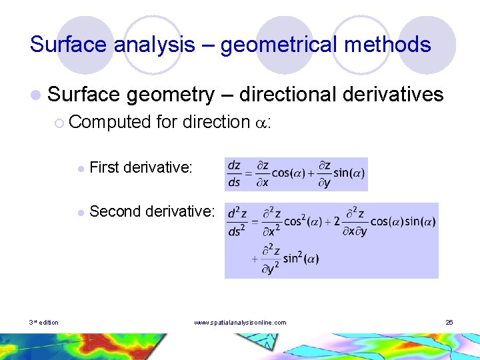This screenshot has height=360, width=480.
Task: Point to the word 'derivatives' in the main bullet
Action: pos(393,95)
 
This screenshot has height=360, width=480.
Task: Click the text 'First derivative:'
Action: pos(141,167)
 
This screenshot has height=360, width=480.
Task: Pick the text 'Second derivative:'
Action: pos(152,212)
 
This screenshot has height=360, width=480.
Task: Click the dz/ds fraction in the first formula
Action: pos(234,173)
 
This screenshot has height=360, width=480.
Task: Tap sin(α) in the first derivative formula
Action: pos(349,173)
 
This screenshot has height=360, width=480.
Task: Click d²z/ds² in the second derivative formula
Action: pos(237,222)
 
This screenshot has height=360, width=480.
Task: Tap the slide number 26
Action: pos(449,323)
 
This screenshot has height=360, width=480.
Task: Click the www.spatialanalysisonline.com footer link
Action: pos(240,323)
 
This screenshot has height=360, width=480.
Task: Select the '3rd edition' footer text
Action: pos(44,323)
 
